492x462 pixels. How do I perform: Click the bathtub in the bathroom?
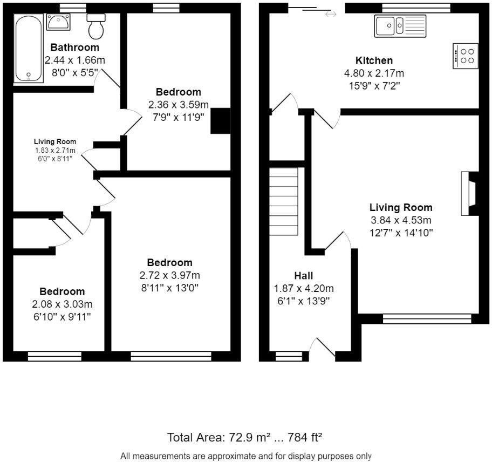coord(29,49)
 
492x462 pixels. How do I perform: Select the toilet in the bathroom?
coord(97,28)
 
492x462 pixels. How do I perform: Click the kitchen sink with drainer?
coord(400,26)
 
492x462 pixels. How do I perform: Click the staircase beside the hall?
coord(284,201)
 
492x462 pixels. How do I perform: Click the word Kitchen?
coord(374,60)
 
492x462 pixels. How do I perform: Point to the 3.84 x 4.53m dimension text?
coord(400,220)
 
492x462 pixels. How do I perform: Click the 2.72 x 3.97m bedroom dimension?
coord(170,275)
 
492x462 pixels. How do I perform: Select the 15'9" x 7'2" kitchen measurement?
coord(374,85)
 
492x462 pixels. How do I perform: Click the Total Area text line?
coord(245,437)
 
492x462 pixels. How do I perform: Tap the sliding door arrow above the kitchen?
coord(330,14)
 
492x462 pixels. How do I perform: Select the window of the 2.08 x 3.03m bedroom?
coord(54,356)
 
